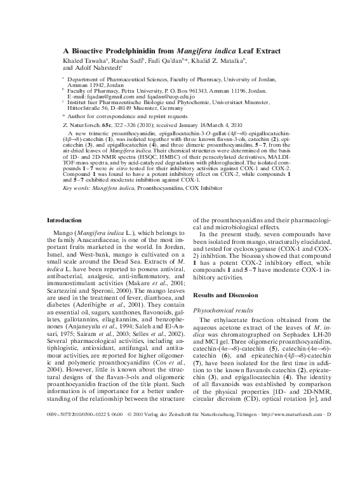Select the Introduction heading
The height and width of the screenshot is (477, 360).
click(x=64, y=220)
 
